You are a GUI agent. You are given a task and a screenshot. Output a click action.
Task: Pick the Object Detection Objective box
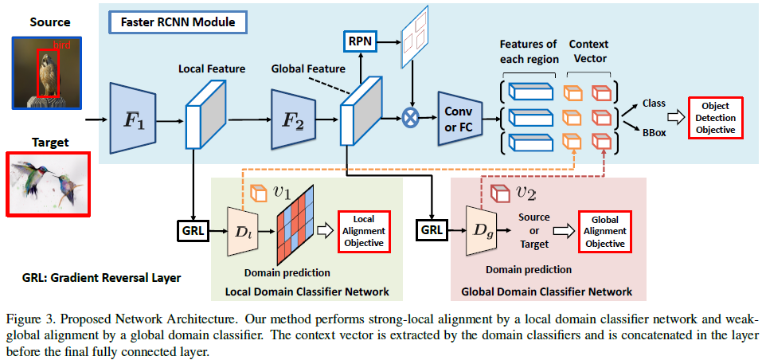[x=715, y=117]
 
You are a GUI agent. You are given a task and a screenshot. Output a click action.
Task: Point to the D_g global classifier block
[x=480, y=231]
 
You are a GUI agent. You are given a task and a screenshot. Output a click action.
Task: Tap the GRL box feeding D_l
[x=193, y=232]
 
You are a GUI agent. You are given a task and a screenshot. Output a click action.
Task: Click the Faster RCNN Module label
[x=178, y=22]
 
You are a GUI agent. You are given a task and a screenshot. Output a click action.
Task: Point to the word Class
[x=654, y=103]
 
